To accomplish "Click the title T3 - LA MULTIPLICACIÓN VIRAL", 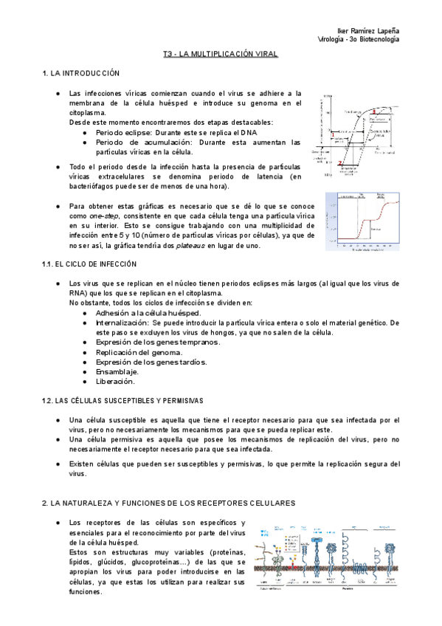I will point(220,54).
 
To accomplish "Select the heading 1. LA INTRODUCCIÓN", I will point(80,73).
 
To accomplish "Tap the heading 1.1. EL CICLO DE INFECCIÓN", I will point(89,264).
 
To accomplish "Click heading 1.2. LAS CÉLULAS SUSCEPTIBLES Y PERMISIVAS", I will point(122,400).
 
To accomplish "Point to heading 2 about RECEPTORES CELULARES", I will point(169,502).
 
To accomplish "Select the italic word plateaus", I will point(190,245).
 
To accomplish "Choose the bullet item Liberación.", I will point(115,382).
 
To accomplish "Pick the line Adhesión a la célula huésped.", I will point(148,312).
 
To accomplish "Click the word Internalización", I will point(122,323).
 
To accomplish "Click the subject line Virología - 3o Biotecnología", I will point(358,38).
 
